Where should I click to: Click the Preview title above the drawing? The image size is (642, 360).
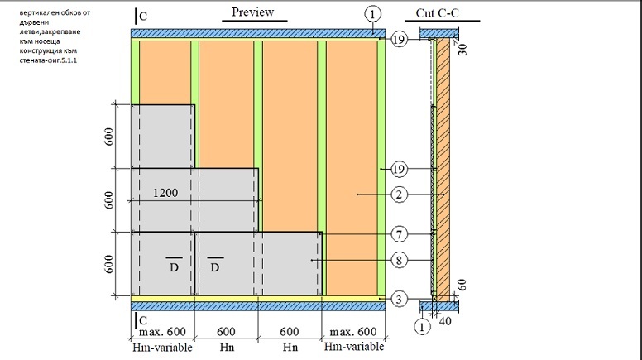tap(252, 13)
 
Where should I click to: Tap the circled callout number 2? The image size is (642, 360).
tap(399, 196)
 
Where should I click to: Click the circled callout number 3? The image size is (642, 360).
tap(399, 298)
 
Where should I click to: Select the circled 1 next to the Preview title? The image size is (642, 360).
tap(372, 13)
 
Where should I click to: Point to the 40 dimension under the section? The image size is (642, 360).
tap(444, 320)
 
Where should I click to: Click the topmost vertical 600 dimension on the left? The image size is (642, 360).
tap(109, 137)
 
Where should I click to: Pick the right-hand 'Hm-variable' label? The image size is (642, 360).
tap(351, 348)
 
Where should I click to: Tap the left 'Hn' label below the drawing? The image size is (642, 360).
tap(224, 348)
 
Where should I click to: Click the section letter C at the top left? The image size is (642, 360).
tap(143, 15)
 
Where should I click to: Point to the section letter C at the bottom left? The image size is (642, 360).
tap(143, 319)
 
